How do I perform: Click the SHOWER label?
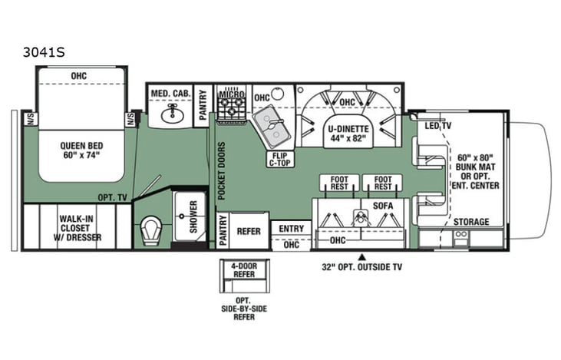point(193,216)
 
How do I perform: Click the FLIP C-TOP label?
point(278,159)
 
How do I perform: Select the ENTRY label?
point(291,228)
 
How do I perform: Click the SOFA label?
point(381,206)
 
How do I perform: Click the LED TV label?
point(437,125)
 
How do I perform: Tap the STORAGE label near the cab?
point(470,222)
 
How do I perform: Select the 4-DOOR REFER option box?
point(239,270)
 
